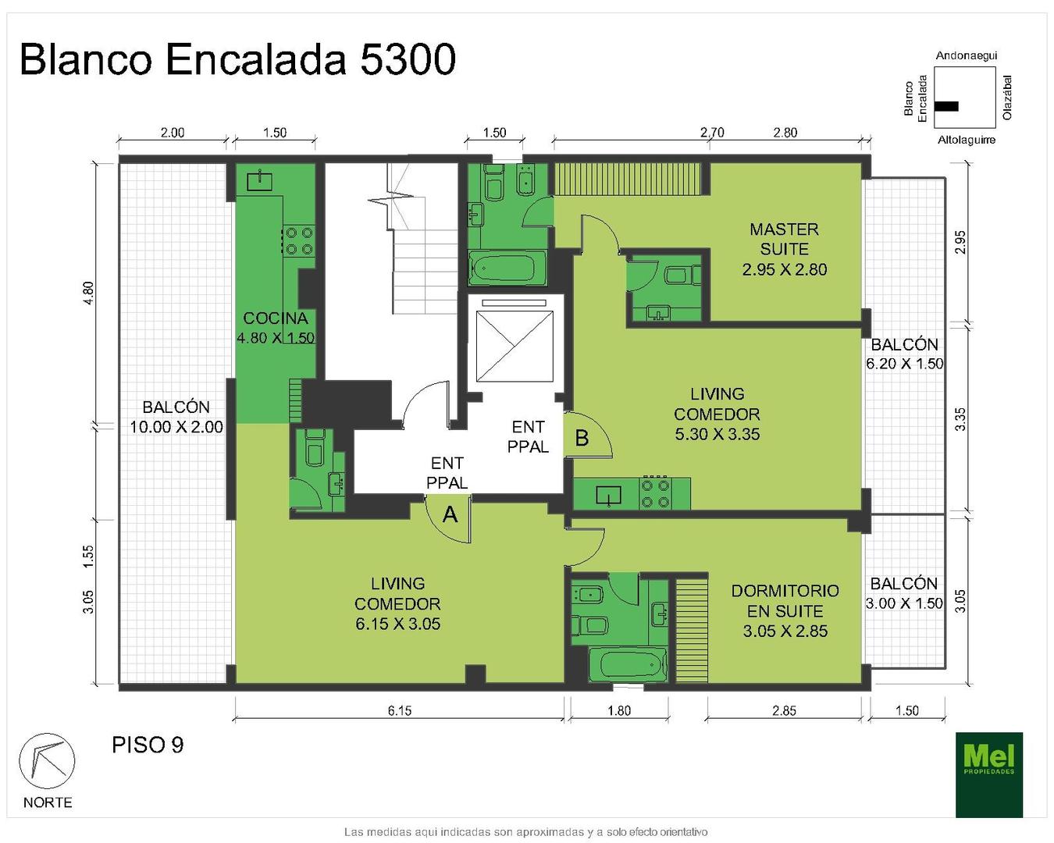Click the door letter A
pyautogui.click(x=450, y=515)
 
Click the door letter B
pyautogui.click(x=582, y=438)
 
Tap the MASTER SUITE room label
pyautogui.click(x=784, y=239)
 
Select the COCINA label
pyautogui.click(x=276, y=318)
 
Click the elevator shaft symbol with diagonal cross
pyautogui.click(x=515, y=346)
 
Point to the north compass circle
pyautogui.click(x=47, y=761)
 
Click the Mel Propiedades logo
pyautogui.click(x=989, y=775)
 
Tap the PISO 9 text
pyautogui.click(x=148, y=745)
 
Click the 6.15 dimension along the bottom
pyautogui.click(x=400, y=710)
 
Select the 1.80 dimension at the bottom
pyautogui.click(x=619, y=710)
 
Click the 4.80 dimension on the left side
pyautogui.click(x=88, y=293)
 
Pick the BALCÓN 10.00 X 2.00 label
pyautogui.click(x=176, y=417)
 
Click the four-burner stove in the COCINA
pyautogui.click(x=299, y=240)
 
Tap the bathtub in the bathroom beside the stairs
pyautogui.click(x=507, y=269)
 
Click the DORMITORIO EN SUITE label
pyautogui.click(x=785, y=611)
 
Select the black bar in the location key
pyautogui.click(x=946, y=106)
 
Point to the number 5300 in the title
pyautogui.click(x=408, y=59)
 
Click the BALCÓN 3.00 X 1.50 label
pyautogui.click(x=903, y=593)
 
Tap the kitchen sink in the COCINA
pyautogui.click(x=259, y=180)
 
